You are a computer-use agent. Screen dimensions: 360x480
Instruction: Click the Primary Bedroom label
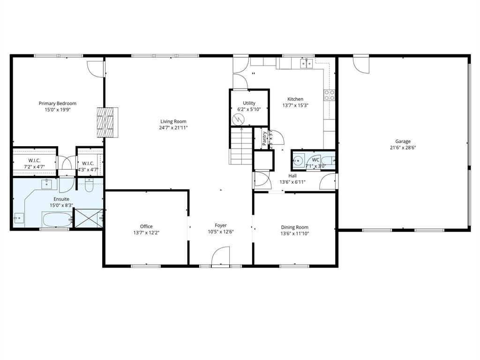pos(57,104)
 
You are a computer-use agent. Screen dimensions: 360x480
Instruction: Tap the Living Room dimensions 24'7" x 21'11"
pos(173,127)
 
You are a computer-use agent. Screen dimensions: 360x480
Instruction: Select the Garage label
pos(403,141)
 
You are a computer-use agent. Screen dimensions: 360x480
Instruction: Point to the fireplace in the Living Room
pos(107,122)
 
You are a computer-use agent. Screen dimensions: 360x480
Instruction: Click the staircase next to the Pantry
pos(241,146)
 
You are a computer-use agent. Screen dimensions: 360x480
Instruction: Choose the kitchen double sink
pos(307,63)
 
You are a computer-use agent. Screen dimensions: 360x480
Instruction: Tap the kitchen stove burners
pos(329,96)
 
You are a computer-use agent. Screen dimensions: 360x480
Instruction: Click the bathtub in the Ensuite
pos(57,219)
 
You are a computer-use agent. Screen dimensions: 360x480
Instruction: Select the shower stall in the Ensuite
pos(89,218)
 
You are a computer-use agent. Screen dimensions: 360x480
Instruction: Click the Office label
pos(146,226)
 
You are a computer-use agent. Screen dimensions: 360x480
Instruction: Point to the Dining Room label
pos(294,227)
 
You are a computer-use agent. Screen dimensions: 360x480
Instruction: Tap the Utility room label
pos(249,103)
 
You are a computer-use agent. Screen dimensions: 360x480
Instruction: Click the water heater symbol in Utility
pos(239,119)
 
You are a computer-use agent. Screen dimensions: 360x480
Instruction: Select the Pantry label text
pos(265,139)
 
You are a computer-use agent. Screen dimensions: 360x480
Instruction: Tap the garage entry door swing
pos(361,64)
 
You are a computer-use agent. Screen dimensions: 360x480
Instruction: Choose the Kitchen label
pos(295,99)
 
